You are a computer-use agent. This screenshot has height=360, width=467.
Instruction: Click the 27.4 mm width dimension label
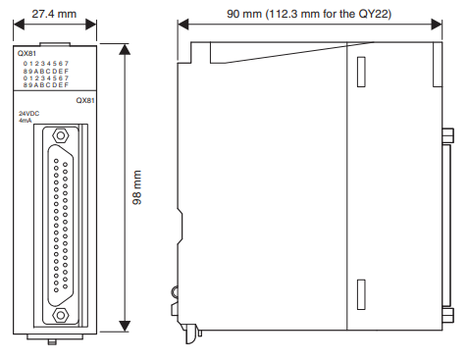54,14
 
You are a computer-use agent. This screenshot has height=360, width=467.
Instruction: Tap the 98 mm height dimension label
137,187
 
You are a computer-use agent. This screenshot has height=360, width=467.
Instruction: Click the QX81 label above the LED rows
26,53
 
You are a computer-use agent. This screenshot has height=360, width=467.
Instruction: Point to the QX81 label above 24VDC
85,100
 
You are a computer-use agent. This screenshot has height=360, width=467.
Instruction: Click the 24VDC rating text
28,114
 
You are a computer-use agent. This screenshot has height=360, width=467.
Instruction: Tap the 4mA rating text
26,121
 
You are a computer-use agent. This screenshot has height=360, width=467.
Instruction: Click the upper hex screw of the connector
61,135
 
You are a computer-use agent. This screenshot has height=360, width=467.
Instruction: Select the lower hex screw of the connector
61,315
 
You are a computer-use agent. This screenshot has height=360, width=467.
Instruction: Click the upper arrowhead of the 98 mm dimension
125,49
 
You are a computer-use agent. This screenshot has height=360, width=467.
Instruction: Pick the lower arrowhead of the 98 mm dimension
125,326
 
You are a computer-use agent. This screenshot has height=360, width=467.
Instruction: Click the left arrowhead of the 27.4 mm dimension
19,25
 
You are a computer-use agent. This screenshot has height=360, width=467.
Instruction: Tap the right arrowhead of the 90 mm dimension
437,25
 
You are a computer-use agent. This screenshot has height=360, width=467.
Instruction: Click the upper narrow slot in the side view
361,72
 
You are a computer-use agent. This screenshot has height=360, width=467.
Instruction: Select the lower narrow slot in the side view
361,294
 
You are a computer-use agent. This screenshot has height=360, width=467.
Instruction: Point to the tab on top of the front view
55,44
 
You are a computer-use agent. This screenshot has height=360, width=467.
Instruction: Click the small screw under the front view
52,342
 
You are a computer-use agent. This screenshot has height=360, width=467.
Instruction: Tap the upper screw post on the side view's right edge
447,135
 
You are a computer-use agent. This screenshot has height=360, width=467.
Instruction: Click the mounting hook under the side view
191,334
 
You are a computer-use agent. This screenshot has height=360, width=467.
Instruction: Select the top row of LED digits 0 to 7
46,64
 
